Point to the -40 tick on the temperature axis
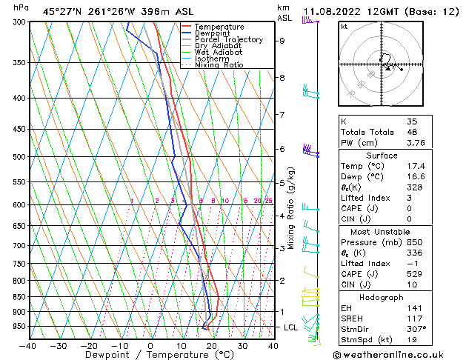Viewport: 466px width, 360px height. pyautogui.click(x=28, y=345)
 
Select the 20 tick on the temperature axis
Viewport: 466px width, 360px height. pyautogui.click(x=212, y=345)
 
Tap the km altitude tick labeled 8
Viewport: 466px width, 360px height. pyautogui.click(x=282, y=77)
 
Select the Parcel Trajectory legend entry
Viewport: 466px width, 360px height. pyautogui.click(x=228, y=40)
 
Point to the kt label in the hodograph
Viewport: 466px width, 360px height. pyautogui.click(x=344, y=27)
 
